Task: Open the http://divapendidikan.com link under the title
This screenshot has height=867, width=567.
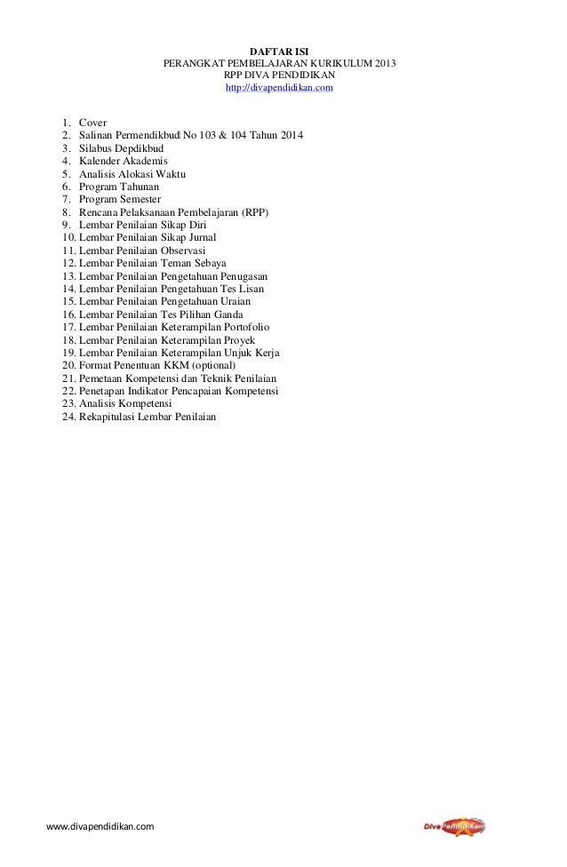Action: (x=279, y=89)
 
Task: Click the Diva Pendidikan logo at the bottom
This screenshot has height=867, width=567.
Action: (x=454, y=827)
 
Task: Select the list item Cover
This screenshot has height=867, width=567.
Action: (x=92, y=122)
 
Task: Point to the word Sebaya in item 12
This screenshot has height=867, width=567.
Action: (x=209, y=264)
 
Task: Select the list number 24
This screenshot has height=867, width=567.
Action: (x=68, y=418)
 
